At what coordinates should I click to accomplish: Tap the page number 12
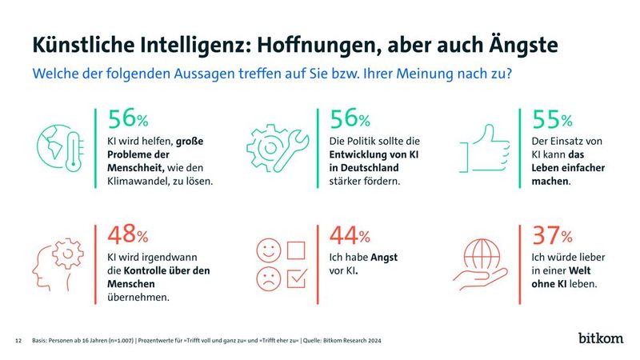point(18,340)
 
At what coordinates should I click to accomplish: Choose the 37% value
point(551,235)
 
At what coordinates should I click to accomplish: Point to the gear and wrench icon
point(274,145)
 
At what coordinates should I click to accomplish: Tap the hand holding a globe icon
point(485,264)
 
